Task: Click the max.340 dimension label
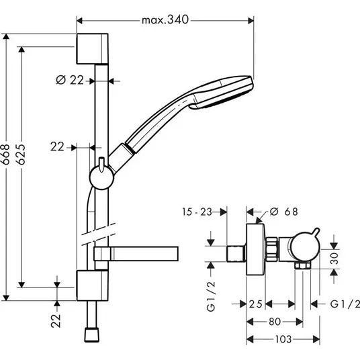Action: (165, 20)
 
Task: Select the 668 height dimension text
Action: (5, 154)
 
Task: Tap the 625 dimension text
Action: (21, 154)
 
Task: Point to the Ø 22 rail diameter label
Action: (70, 80)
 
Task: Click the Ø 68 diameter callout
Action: (284, 212)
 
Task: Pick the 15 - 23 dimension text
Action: (197, 212)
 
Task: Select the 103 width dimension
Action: (283, 339)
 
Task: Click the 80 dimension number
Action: (275, 322)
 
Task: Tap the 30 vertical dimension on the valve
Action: (334, 259)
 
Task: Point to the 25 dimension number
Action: (255, 304)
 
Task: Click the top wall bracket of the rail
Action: (92, 48)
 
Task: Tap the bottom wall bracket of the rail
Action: (92, 285)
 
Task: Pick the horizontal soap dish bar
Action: (136, 254)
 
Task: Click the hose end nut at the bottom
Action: (92, 335)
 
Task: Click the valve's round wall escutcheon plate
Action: (256, 249)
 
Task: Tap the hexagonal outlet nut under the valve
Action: (303, 266)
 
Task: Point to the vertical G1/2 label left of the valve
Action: (211, 296)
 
